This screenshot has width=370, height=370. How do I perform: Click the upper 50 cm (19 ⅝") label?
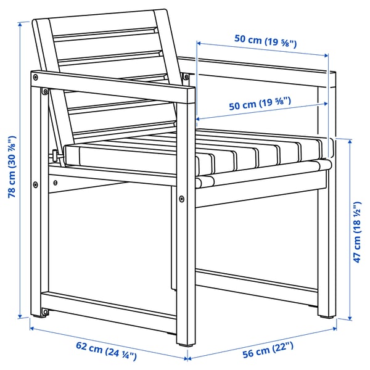pyautogui.click(x=266, y=41)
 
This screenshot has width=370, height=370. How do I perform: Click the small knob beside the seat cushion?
pyautogui.click(x=55, y=155)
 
